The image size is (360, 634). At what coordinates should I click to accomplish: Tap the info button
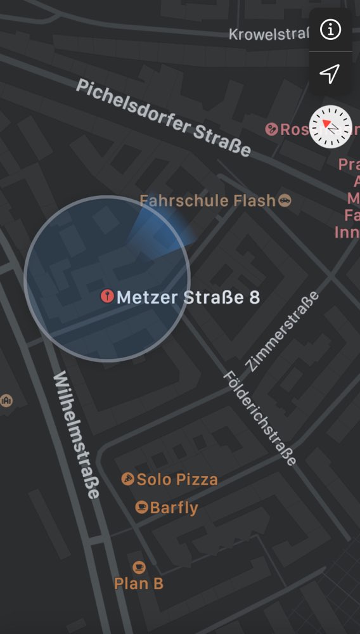(x=330, y=30)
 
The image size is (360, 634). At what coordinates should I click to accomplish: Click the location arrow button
(x=330, y=74)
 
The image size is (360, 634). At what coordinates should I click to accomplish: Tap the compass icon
(x=330, y=127)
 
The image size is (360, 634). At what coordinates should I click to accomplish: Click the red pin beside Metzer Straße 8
(x=107, y=295)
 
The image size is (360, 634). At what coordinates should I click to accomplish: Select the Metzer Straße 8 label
(x=188, y=297)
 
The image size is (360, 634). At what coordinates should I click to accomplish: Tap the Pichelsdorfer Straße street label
(x=164, y=119)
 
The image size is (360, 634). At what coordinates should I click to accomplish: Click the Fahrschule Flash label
(x=207, y=201)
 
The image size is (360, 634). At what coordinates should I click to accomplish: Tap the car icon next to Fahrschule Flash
(x=285, y=200)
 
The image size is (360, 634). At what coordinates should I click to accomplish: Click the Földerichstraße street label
(x=260, y=418)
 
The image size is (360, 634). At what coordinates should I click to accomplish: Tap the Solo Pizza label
(x=177, y=479)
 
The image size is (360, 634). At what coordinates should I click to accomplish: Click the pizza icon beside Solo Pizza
(x=128, y=479)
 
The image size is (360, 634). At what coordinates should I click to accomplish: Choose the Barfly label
(x=174, y=508)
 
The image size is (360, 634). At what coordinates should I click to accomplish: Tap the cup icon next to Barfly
(x=142, y=507)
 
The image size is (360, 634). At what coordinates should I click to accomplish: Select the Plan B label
(x=139, y=583)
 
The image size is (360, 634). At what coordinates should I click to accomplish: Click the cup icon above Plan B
(x=139, y=567)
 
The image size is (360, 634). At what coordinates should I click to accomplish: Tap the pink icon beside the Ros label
(x=272, y=129)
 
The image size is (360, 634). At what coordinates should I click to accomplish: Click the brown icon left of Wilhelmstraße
(x=6, y=401)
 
